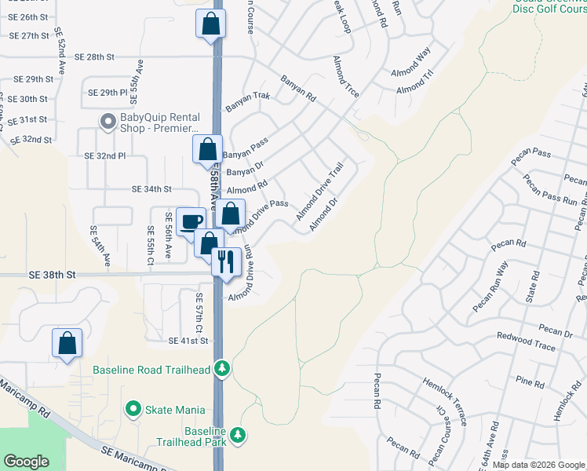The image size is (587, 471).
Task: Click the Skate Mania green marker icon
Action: (x=133, y=409)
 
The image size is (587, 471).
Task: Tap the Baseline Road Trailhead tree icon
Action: (x=222, y=369)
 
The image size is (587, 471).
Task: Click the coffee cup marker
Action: (x=191, y=221)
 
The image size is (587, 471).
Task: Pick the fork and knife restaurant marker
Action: (x=226, y=261)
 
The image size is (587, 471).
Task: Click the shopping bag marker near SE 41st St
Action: (x=67, y=342)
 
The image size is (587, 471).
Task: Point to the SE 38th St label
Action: (x=53, y=275)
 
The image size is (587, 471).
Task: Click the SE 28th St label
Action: (x=94, y=57)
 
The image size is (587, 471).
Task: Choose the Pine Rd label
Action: (x=530, y=384)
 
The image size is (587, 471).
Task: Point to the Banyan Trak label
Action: (x=248, y=101)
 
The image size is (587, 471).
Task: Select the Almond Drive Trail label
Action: (x=320, y=192)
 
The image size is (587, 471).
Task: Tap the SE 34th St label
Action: (x=151, y=189)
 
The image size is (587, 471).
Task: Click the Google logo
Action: (x=27, y=461)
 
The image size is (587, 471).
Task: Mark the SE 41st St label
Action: (x=188, y=341)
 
